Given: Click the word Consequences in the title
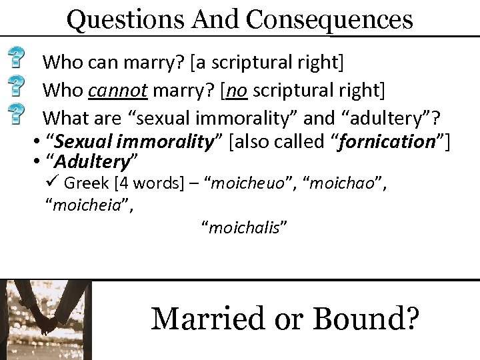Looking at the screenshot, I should [x=331, y=19].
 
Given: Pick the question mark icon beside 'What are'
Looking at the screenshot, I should [x=21, y=114].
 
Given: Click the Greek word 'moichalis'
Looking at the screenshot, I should [x=244, y=229].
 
